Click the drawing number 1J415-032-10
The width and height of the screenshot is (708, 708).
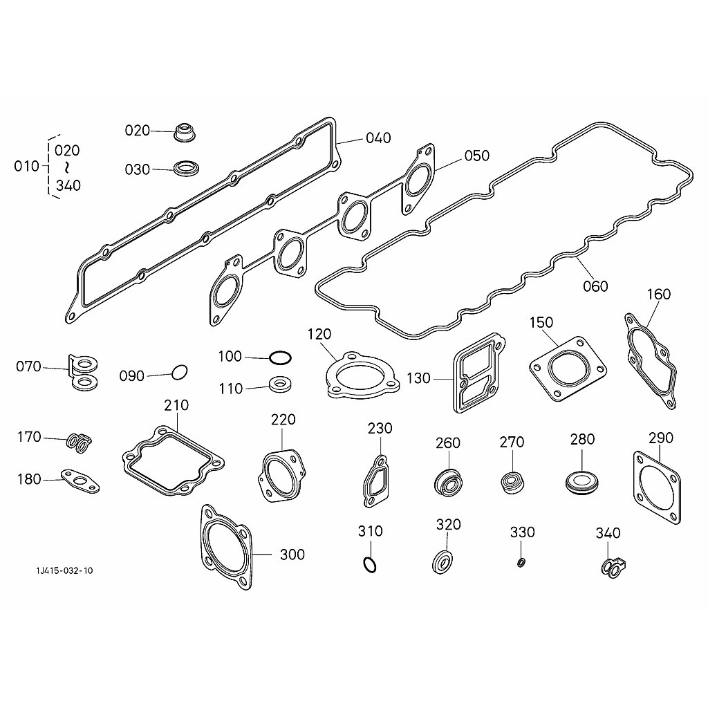(x=64, y=570)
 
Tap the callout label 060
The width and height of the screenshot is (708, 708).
(x=595, y=286)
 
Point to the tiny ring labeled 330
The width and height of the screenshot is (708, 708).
(x=521, y=563)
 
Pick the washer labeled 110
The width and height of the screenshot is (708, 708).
(x=280, y=385)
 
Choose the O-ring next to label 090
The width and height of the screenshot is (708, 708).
(x=179, y=373)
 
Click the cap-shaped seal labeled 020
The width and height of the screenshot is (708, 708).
(x=185, y=131)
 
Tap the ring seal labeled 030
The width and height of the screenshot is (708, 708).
(x=187, y=169)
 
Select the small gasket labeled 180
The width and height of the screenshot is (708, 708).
(x=80, y=481)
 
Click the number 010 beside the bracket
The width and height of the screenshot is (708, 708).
(x=27, y=166)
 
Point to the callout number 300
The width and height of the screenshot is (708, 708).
(x=292, y=555)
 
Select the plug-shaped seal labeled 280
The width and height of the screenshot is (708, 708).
(x=582, y=483)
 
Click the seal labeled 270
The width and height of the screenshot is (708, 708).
(x=513, y=482)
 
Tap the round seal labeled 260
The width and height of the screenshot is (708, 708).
(x=448, y=483)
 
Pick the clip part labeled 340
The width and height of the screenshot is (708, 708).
(x=614, y=567)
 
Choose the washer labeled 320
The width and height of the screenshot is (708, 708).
(x=442, y=562)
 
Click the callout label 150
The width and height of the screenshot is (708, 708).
(x=541, y=322)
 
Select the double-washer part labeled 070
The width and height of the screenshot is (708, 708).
(x=84, y=372)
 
